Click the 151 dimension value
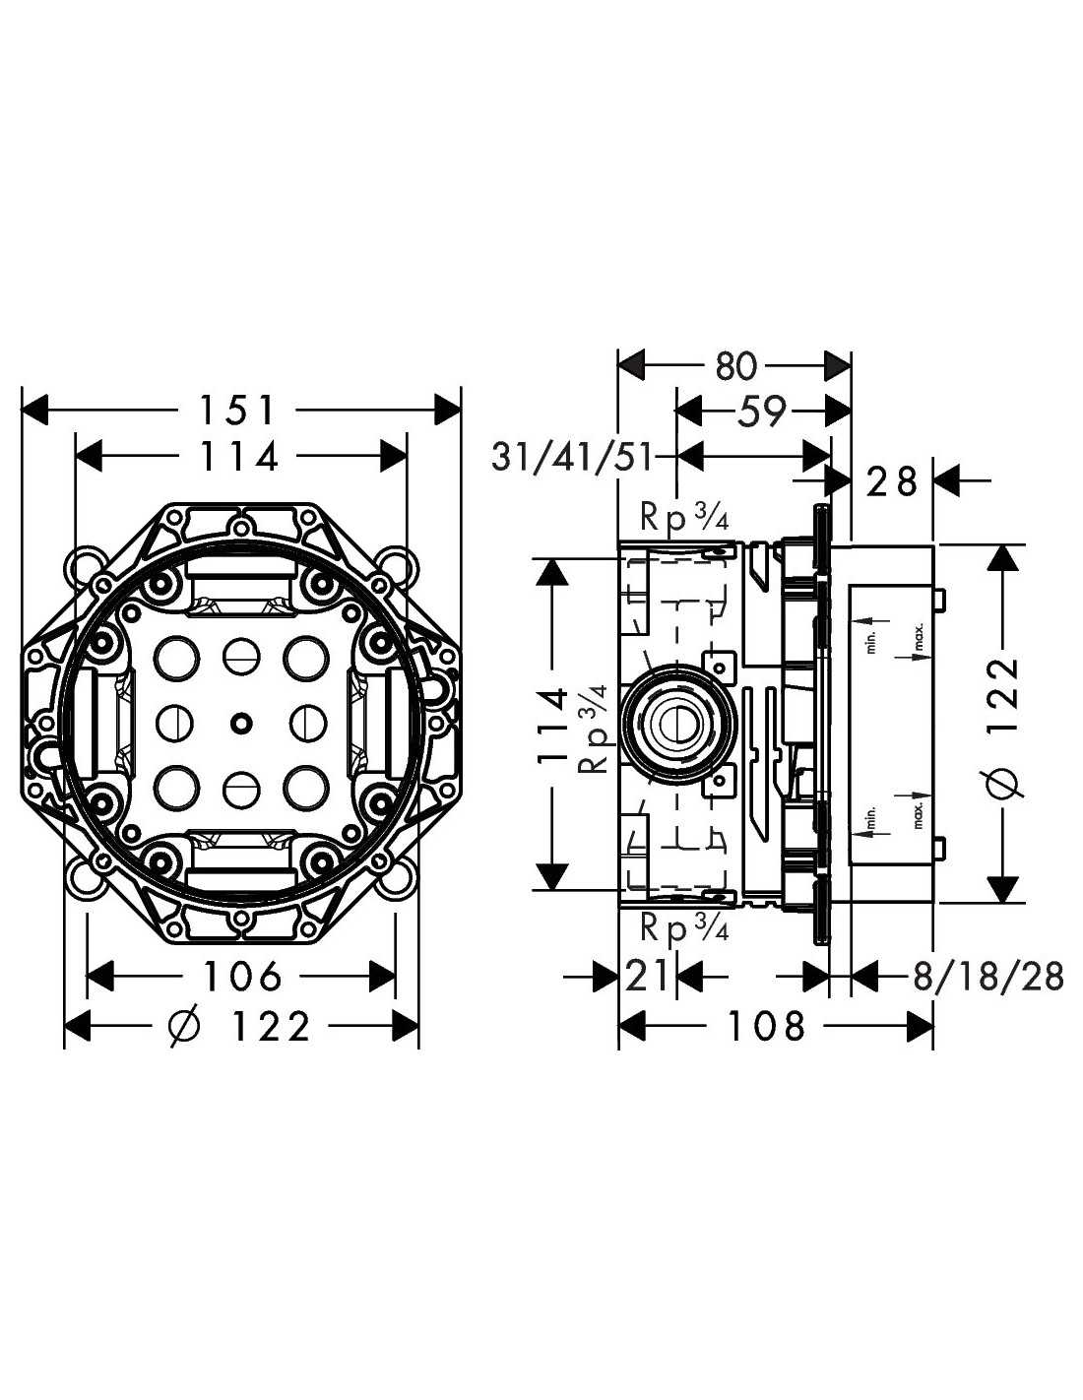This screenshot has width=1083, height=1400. [237, 411]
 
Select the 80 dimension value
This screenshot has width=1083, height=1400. [735, 366]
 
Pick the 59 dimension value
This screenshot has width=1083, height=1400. [761, 412]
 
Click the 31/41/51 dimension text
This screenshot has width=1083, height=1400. [572, 458]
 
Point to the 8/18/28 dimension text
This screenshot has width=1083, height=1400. [988, 976]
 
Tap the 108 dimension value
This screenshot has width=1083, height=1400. [767, 1025]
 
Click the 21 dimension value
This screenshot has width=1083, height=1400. [647, 976]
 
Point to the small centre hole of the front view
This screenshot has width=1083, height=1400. [239, 724]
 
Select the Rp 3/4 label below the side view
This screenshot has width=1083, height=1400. [684, 928]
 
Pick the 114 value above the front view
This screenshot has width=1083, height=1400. [238, 456]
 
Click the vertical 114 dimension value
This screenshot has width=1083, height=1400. [552, 727]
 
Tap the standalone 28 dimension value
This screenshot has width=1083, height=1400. [892, 480]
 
